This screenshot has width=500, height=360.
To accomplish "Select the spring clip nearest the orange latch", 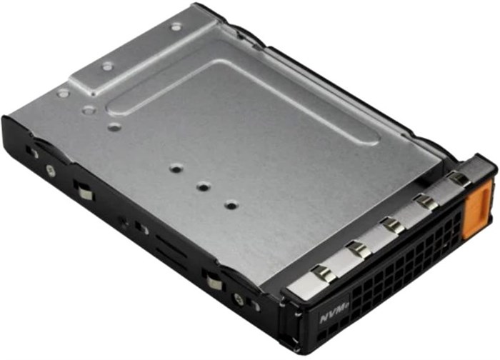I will coord(459,179).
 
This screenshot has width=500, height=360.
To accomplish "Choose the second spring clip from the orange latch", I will coord(427,201).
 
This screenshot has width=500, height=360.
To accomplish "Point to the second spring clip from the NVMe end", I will coord(359,249).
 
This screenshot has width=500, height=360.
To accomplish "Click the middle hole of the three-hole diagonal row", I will coord(203,186).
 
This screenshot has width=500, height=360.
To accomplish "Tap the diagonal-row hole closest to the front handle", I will coord(230,205).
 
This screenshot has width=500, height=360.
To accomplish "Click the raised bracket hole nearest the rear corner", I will coord(176,27).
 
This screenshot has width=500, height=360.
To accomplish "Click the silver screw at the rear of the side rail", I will coord(49,170).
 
